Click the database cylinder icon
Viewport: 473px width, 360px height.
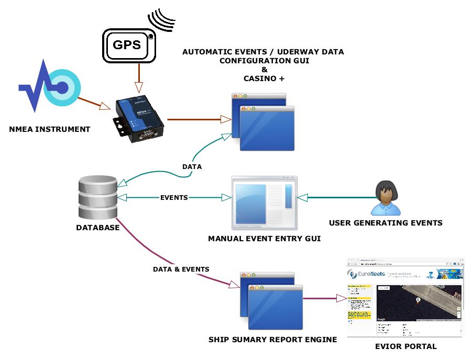tap(97, 197)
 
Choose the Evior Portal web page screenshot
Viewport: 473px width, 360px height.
tap(405, 297)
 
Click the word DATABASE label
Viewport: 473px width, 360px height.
tap(98, 228)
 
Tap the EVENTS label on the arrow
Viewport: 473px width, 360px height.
tap(174, 198)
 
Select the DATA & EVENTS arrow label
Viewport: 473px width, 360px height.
tap(181, 269)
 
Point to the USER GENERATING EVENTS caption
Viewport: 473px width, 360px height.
tap(386, 223)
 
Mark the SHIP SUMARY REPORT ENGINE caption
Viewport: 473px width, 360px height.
tap(272, 340)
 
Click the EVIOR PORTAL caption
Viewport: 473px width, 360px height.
tap(406, 346)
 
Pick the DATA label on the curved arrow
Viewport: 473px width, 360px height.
tap(192, 166)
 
